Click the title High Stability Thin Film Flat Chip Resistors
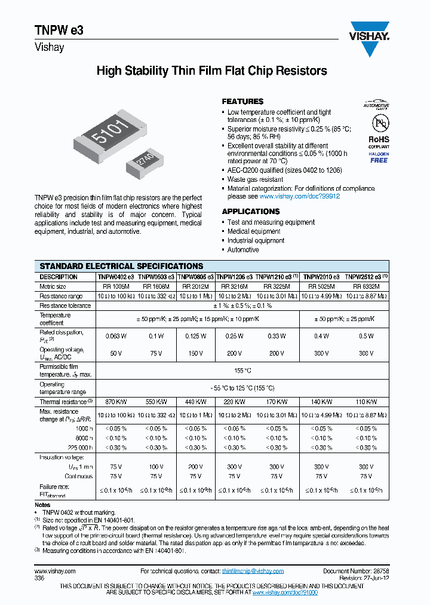pos(212,71)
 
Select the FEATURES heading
pos(242,102)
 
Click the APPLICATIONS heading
pos(251,212)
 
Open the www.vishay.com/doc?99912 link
pos(299,196)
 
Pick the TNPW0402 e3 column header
pos(116,277)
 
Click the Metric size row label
pos(53,287)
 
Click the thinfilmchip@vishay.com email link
pos(253,572)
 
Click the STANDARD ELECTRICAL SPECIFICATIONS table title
pos(121,266)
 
